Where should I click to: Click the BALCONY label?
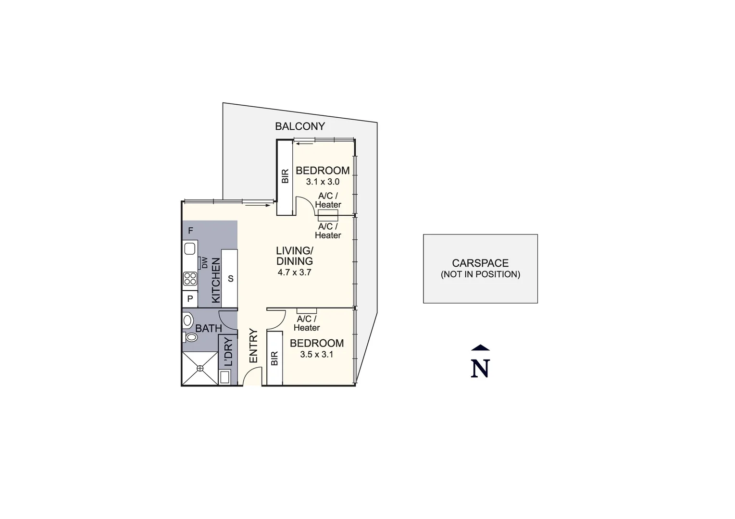click(299, 126)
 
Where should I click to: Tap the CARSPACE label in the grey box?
click(480, 263)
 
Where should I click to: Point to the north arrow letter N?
click(480, 368)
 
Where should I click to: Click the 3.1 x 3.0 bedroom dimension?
click(323, 182)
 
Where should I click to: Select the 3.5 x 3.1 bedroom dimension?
click(317, 355)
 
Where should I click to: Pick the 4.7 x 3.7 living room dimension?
click(294, 272)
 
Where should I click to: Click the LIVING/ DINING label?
click(294, 256)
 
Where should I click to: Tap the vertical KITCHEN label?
click(216, 280)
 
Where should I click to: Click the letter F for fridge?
click(190, 231)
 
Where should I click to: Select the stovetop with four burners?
click(190, 278)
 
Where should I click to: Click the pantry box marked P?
click(190, 299)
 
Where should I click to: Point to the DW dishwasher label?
click(205, 263)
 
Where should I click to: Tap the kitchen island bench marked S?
click(230, 278)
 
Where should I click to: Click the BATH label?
click(209, 329)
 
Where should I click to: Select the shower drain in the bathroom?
click(200, 368)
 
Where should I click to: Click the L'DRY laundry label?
click(228, 352)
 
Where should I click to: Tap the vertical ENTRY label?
click(253, 346)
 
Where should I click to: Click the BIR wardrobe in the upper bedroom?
click(285, 176)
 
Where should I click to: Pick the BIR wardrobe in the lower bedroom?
click(274, 358)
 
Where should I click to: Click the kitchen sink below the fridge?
click(189, 248)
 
